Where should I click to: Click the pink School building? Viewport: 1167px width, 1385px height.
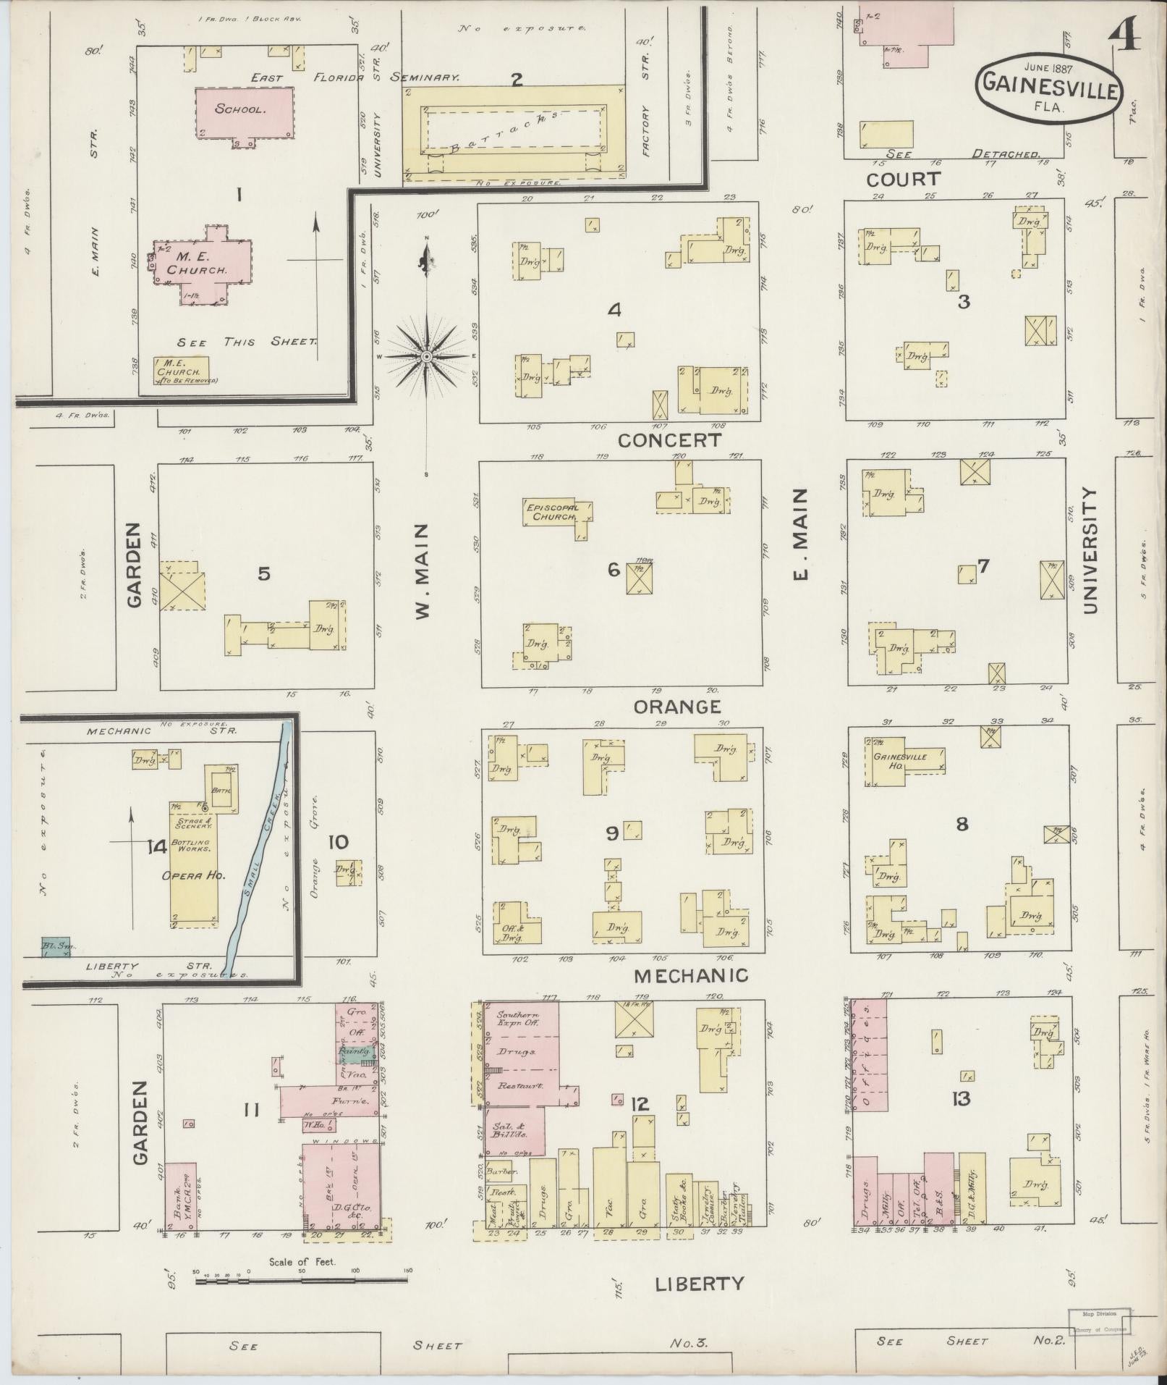coord(245,112)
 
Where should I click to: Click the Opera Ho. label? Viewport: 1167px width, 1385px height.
coord(194,875)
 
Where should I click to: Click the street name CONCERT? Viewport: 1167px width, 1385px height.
coord(669,440)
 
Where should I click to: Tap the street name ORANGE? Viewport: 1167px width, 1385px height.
coord(677,706)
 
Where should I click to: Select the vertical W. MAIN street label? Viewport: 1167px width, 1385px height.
coord(423,572)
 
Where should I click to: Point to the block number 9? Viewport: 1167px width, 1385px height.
coord(612,833)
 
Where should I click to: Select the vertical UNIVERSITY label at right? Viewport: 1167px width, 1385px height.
coord(1090,550)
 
